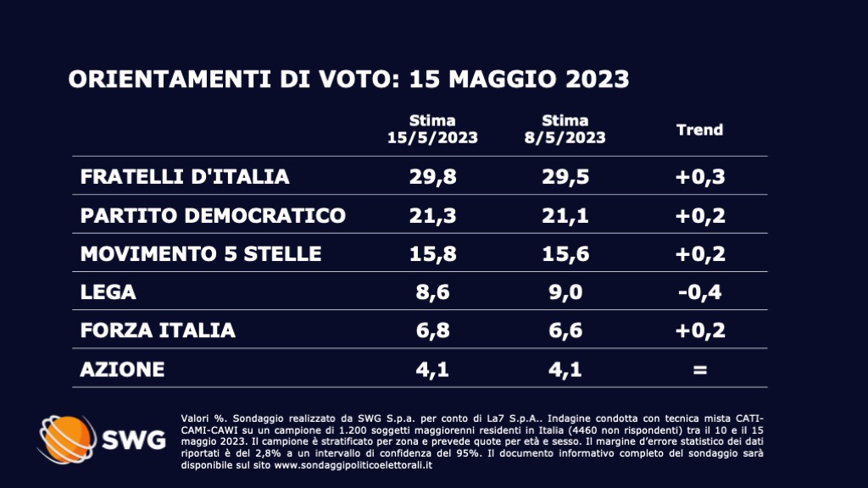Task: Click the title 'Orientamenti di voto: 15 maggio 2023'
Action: [348, 80]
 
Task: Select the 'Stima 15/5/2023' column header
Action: [432, 129]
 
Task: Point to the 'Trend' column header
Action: [699, 130]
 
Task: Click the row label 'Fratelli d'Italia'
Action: [185, 176]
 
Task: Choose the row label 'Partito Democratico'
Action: [213, 215]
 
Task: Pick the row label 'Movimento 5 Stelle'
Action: [201, 253]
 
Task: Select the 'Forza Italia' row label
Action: [158, 330]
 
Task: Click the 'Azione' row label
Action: [122, 369]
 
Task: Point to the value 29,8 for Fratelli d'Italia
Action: [432, 176]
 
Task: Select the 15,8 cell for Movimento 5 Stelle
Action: [432, 253]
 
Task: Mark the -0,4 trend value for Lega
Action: [699, 292]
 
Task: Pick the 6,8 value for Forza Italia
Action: [432, 330]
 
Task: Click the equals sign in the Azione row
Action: [699, 370]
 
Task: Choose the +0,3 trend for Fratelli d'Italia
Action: [699, 176]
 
